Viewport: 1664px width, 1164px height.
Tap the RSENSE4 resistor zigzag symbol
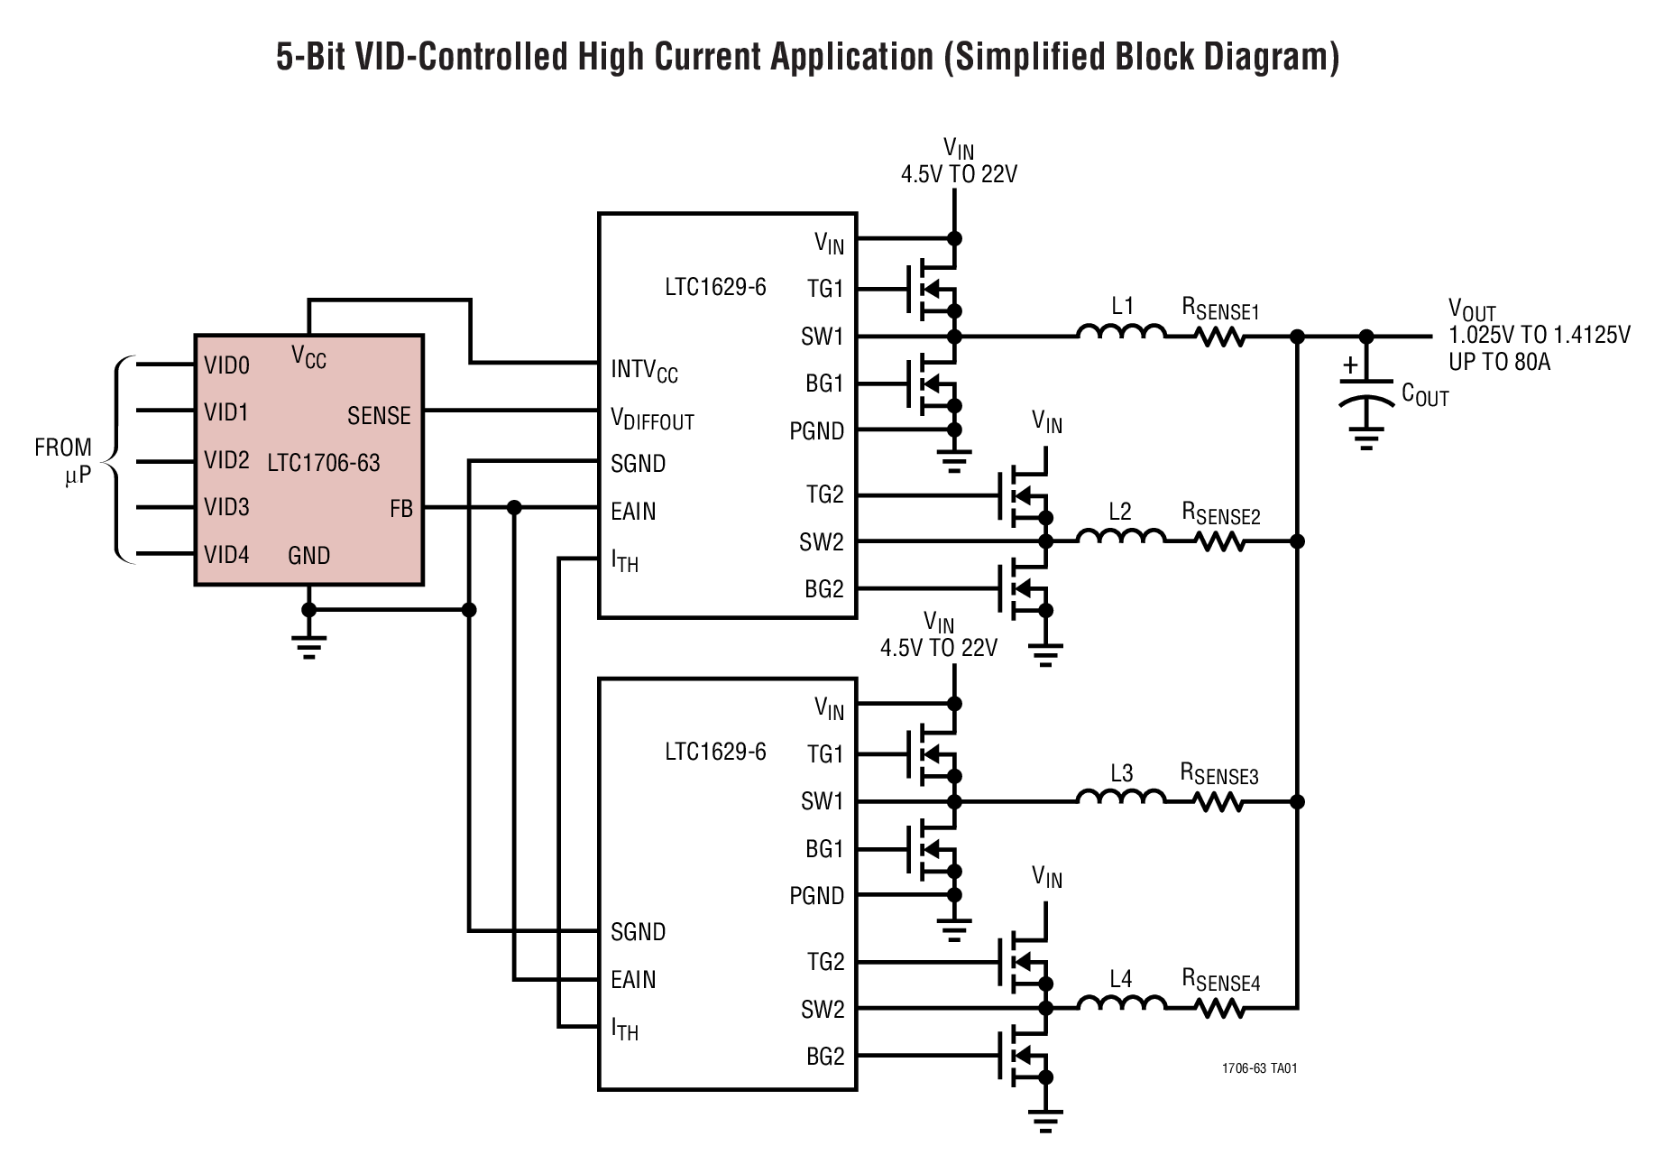coord(1220,1008)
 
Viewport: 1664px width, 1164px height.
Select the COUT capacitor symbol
coord(1366,398)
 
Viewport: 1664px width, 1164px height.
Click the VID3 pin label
coord(226,507)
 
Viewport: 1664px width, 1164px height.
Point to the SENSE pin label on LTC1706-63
coord(379,416)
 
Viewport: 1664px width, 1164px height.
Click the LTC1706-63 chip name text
coord(324,464)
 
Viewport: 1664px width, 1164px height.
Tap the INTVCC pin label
coord(644,371)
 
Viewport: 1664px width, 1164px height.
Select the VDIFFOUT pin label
coord(652,420)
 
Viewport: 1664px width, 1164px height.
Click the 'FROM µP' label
coord(64,461)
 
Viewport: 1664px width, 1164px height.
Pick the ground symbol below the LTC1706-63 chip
coord(308,646)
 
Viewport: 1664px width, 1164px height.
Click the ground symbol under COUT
coord(1366,441)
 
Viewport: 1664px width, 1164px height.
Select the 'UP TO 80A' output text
coord(1499,363)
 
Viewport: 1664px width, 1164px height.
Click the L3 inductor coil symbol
coord(1121,797)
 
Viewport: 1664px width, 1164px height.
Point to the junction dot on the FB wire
coord(514,508)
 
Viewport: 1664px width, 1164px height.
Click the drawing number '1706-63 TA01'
coord(1259,1068)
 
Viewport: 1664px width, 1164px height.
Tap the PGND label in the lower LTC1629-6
coord(816,896)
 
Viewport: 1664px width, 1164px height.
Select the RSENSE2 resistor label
coord(1220,515)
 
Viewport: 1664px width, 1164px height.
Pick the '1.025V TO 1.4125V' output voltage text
coord(1539,337)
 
